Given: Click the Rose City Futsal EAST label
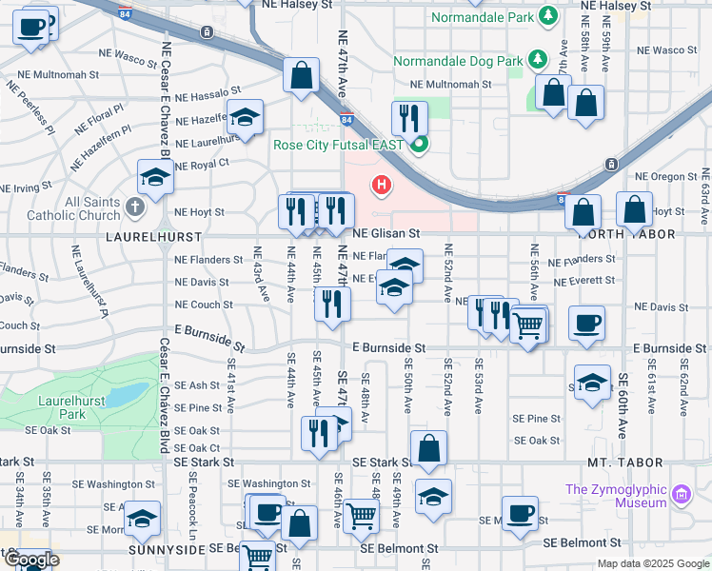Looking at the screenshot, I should [339, 146].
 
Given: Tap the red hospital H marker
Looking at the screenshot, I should [382, 185].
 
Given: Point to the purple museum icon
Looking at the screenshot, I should [681, 494].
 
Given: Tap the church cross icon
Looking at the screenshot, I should [135, 207].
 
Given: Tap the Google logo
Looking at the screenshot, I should [31, 560].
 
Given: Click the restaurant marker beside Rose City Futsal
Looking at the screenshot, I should [409, 119].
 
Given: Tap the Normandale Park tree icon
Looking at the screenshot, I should [547, 16].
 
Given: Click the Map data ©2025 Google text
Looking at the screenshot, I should [652, 563].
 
